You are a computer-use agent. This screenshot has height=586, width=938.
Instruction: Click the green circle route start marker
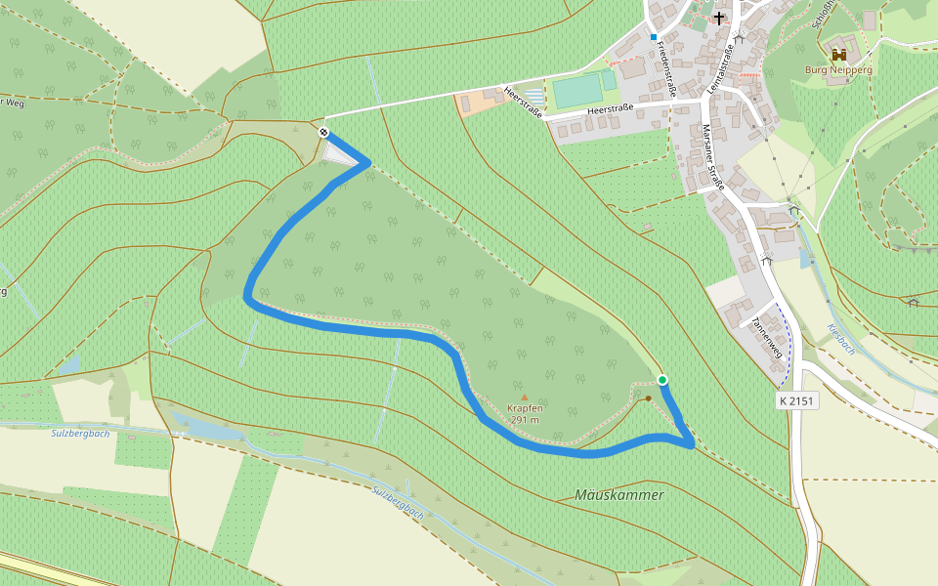pos(662,380)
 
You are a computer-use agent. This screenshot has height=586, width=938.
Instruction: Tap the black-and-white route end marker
pos(323,133)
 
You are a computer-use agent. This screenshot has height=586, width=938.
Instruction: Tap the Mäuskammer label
pos(619,495)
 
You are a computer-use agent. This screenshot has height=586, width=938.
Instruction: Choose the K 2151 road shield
pos(797,400)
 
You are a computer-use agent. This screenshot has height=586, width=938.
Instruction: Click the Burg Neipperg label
pos(838,70)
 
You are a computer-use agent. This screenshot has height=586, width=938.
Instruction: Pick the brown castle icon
pos(838,55)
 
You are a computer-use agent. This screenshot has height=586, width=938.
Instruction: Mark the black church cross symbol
pos(719,18)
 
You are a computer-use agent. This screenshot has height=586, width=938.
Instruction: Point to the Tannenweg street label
pos(768,337)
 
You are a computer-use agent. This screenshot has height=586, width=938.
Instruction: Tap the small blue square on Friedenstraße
pos(654,37)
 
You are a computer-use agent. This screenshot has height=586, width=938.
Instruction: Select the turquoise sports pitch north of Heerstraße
pos(578,91)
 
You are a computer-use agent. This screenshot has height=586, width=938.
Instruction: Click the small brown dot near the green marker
pos(648,398)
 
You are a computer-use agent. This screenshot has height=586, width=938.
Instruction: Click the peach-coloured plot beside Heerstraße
pos(482,102)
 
